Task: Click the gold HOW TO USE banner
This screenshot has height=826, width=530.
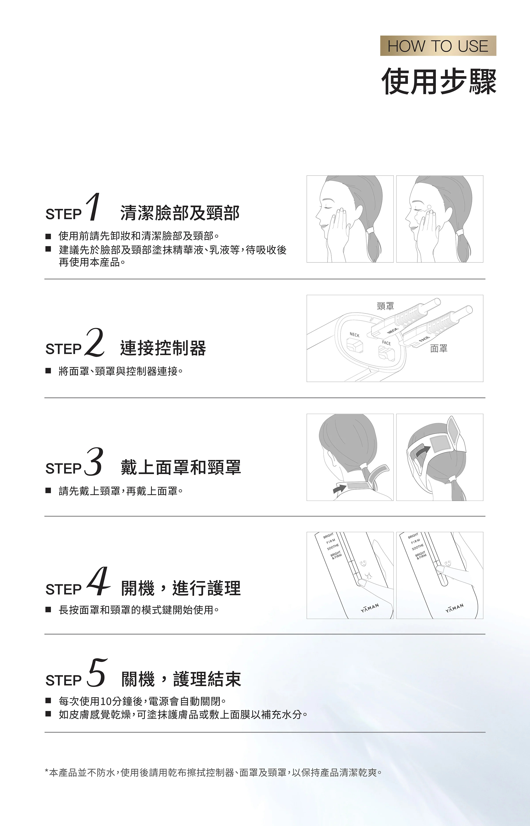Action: click(438, 46)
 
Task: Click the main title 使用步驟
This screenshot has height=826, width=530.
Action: click(439, 81)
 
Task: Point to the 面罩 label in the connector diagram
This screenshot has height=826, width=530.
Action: click(439, 349)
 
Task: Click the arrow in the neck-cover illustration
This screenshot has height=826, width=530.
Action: click(339, 488)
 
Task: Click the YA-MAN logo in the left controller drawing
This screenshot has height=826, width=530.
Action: click(370, 608)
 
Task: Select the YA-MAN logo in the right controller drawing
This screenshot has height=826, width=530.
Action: click(455, 608)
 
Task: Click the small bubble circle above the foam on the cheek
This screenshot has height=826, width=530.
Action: click(429, 207)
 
